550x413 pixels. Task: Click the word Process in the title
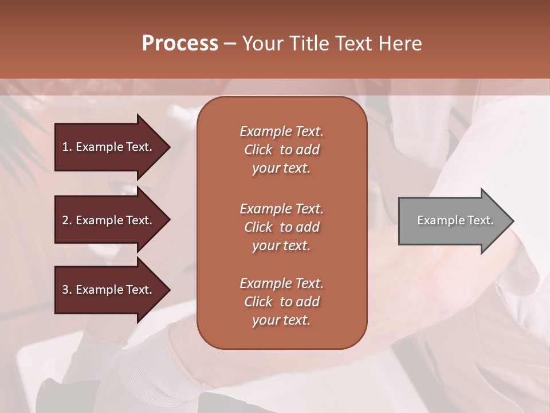[x=180, y=44]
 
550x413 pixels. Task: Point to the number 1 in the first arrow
[x=65, y=147]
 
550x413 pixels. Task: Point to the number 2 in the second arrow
[x=65, y=220]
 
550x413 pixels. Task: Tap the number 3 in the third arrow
[x=65, y=290]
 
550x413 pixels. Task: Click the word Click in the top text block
[x=258, y=150]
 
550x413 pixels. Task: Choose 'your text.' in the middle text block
[x=281, y=246]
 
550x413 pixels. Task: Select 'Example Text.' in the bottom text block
[x=281, y=283]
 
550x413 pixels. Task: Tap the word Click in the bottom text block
[x=258, y=302]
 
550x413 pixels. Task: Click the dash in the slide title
[x=230, y=44]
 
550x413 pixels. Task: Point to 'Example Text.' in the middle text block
[x=281, y=209]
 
